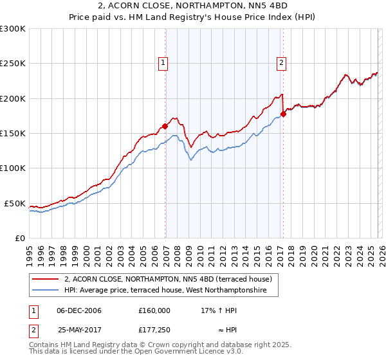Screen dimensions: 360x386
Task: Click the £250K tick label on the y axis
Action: (13, 64)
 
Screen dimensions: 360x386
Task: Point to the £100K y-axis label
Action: (13, 168)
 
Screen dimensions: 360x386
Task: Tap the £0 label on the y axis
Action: (19, 238)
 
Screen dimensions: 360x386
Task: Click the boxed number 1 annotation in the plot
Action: (163, 63)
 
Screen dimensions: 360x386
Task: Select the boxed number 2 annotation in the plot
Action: (282, 63)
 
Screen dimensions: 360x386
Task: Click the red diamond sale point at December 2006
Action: (165, 127)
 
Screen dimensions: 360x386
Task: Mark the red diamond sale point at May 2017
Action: (284, 114)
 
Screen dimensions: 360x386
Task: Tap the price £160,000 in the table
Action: (154, 310)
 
